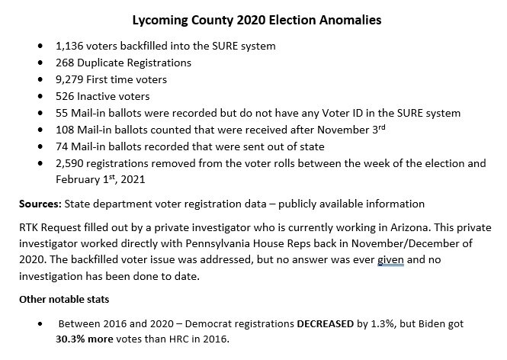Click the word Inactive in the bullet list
coord(101,96)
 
